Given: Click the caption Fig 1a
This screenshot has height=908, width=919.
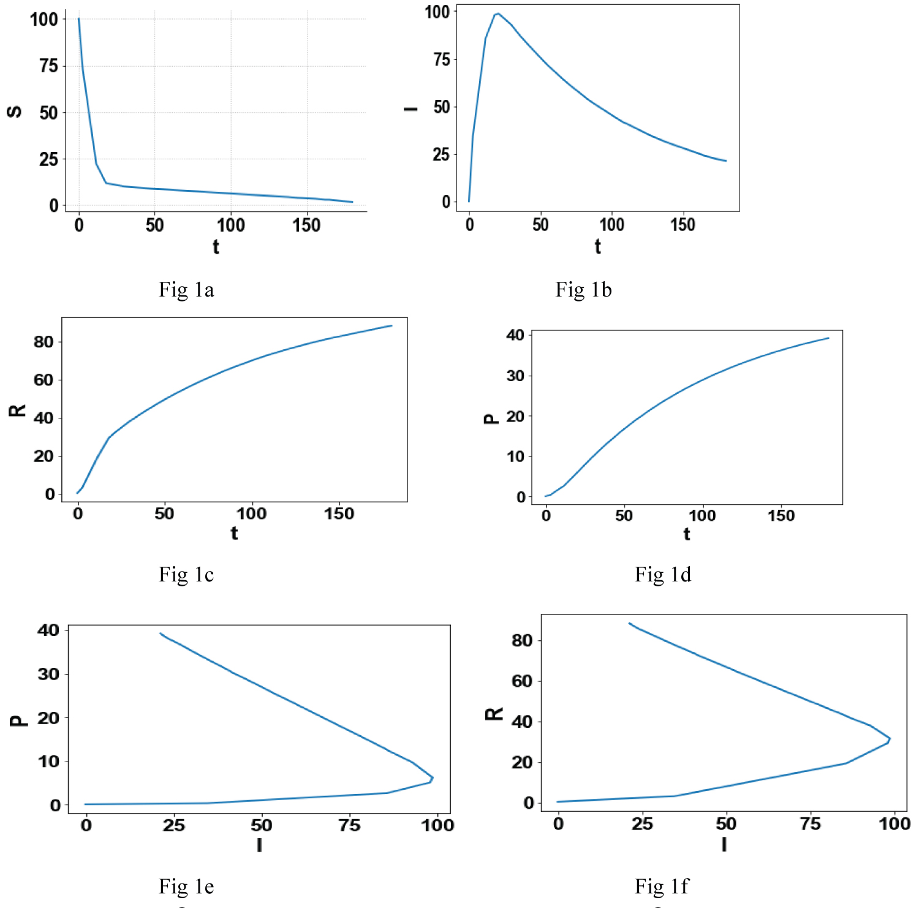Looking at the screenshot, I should pos(186,290).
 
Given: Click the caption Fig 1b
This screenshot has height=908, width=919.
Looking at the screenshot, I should pos(583,290).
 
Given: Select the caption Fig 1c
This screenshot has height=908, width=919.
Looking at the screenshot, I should pos(186,575).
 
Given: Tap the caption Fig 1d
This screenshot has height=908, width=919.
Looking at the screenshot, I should pos(662,575).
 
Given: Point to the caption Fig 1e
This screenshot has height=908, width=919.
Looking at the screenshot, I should pos(186,887).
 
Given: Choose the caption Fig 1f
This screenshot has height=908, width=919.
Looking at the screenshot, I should pos(662,887).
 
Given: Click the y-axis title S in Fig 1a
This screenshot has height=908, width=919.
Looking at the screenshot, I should pos(14,112).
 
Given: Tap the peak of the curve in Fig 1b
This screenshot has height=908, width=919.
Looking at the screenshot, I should pos(497,13).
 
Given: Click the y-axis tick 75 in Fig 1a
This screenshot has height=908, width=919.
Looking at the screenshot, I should pos(48,66).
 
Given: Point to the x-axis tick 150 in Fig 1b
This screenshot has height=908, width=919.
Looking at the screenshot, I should pos(683,225).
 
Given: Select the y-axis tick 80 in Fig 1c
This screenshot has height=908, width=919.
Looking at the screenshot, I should pos(43,342).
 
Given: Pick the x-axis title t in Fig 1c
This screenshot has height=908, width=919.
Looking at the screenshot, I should pos(234,533).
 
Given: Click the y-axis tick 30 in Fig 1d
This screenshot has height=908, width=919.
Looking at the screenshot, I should pos(515,376).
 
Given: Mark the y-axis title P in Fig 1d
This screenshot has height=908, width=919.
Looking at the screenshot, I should pos(490,419).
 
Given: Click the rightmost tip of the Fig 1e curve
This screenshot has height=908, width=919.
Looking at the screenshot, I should pos(433,778).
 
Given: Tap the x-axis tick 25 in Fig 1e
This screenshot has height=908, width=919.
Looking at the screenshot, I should pos(173,825).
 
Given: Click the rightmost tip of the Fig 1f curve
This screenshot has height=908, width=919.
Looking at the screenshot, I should pos(890,739).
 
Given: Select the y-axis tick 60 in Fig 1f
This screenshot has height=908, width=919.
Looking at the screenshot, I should pos(521,681).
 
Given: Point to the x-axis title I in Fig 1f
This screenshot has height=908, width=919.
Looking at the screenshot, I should pos(724,844).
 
